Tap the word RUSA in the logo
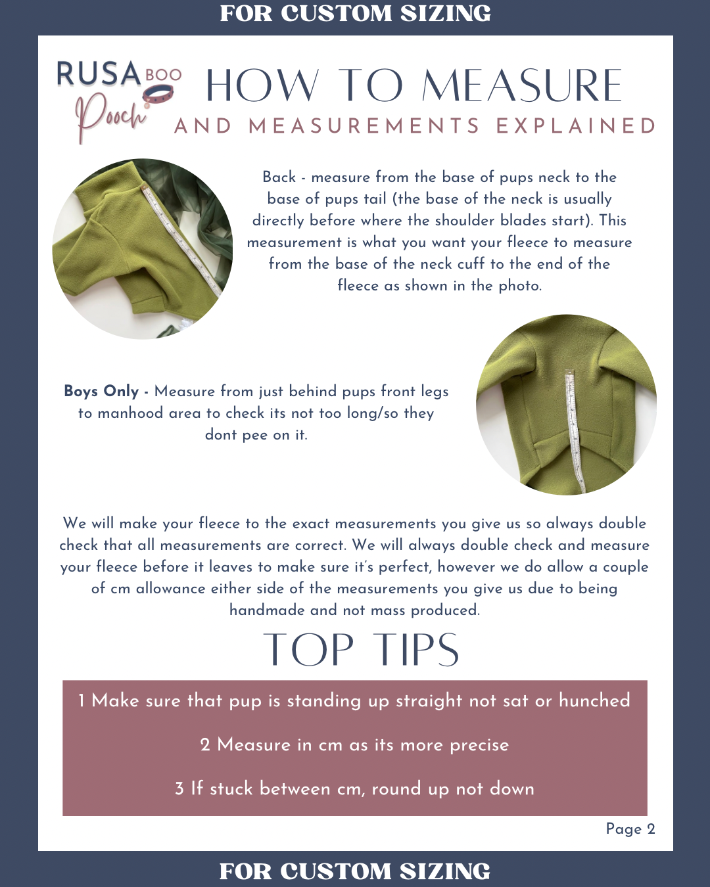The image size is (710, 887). (x=99, y=74)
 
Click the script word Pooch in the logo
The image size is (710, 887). (x=110, y=117)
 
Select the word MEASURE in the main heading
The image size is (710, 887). (x=521, y=85)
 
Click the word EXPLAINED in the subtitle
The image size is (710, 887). (x=575, y=125)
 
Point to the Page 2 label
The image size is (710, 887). (x=630, y=829)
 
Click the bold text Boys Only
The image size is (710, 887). (x=101, y=391)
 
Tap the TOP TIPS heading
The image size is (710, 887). (x=361, y=650)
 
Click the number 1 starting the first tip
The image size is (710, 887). (x=82, y=700)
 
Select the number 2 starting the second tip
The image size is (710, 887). (x=205, y=745)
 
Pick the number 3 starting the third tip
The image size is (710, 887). (x=179, y=789)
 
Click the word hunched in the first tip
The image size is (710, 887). (x=594, y=700)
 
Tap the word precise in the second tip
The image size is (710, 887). (x=479, y=746)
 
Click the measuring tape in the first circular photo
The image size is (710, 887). (x=181, y=242)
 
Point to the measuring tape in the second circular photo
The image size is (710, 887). (x=575, y=431)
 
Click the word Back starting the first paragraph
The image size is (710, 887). (x=279, y=177)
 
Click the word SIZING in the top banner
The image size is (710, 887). (x=446, y=13)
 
